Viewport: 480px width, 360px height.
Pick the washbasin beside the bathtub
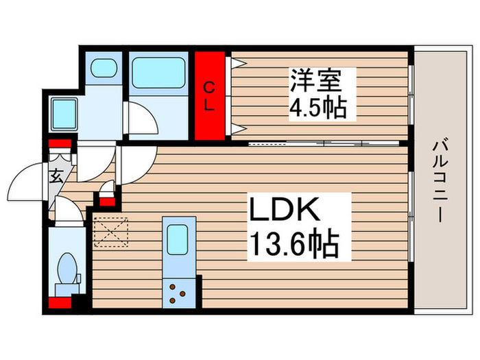tap(104, 69)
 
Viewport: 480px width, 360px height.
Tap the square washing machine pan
tap(64, 110)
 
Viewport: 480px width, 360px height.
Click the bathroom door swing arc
tap(143, 120)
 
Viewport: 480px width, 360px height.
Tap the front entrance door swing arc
tap(27, 180)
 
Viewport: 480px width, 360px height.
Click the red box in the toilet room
tap(60, 302)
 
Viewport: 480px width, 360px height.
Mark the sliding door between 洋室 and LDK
tap(322, 144)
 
